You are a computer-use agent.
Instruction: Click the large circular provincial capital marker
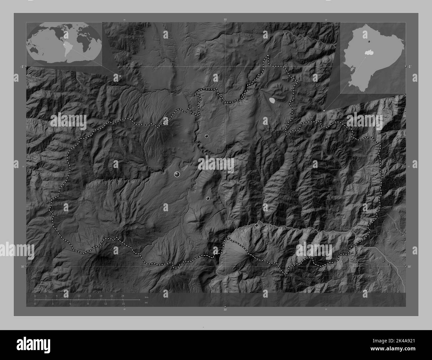(x=177, y=174)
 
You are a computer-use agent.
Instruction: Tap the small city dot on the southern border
(x=256, y=225)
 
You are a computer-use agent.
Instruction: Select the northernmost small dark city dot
(x=206, y=136)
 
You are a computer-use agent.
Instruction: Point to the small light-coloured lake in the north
(x=272, y=100)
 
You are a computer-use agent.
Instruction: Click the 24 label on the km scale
(x=123, y=296)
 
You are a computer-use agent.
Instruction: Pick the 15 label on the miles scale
(x=123, y=304)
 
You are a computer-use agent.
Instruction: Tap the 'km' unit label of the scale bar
(x=146, y=297)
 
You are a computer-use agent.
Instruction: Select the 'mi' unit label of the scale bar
(x=146, y=303)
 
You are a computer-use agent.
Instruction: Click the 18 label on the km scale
(x=101, y=296)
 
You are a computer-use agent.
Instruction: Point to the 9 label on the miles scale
(x=88, y=304)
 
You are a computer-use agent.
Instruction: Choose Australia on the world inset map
(x=34, y=50)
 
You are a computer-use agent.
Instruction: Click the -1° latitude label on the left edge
(x=22, y=66)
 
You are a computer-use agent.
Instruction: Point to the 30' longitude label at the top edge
(x=225, y=20)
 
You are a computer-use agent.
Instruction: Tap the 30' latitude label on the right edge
(x=409, y=267)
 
